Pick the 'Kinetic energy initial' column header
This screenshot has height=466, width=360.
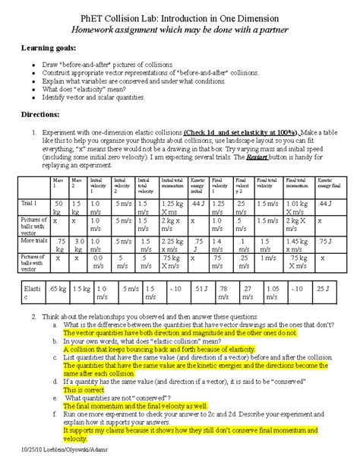click(198, 185)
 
